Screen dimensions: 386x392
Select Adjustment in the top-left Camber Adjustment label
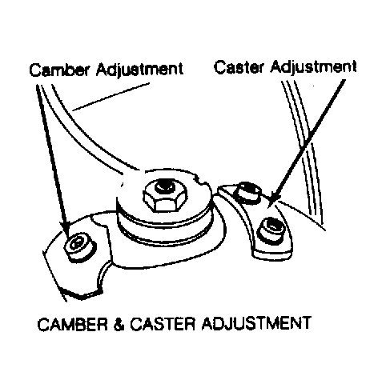point(139,70)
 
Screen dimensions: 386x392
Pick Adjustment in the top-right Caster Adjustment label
point(313,66)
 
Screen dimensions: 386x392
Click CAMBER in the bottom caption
point(72,324)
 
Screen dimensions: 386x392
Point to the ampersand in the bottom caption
point(119,324)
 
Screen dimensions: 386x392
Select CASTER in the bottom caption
point(163,324)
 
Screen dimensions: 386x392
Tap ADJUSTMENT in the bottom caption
point(256,323)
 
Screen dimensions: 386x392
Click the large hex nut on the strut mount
point(165,195)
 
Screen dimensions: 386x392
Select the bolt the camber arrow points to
point(79,246)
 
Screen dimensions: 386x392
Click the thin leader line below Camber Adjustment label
point(111,97)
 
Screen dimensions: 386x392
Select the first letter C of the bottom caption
point(43,325)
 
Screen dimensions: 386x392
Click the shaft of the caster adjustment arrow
point(311,138)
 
